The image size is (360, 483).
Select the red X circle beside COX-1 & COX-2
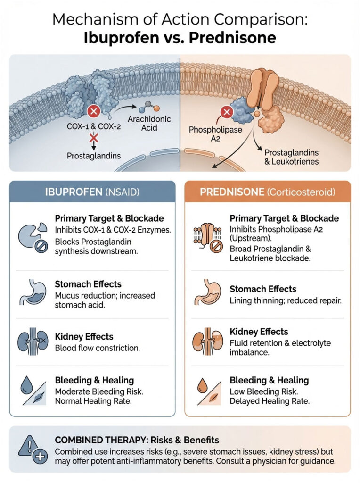[93, 112]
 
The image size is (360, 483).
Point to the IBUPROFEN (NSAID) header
[92, 192]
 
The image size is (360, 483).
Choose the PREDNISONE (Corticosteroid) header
[267, 192]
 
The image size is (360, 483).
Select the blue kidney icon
[31, 341]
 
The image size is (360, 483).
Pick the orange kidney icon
[205, 341]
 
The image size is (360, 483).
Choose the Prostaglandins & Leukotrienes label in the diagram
[291, 157]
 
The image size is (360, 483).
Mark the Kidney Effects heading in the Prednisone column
[259, 332]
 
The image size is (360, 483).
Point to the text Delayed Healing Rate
[270, 401]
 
